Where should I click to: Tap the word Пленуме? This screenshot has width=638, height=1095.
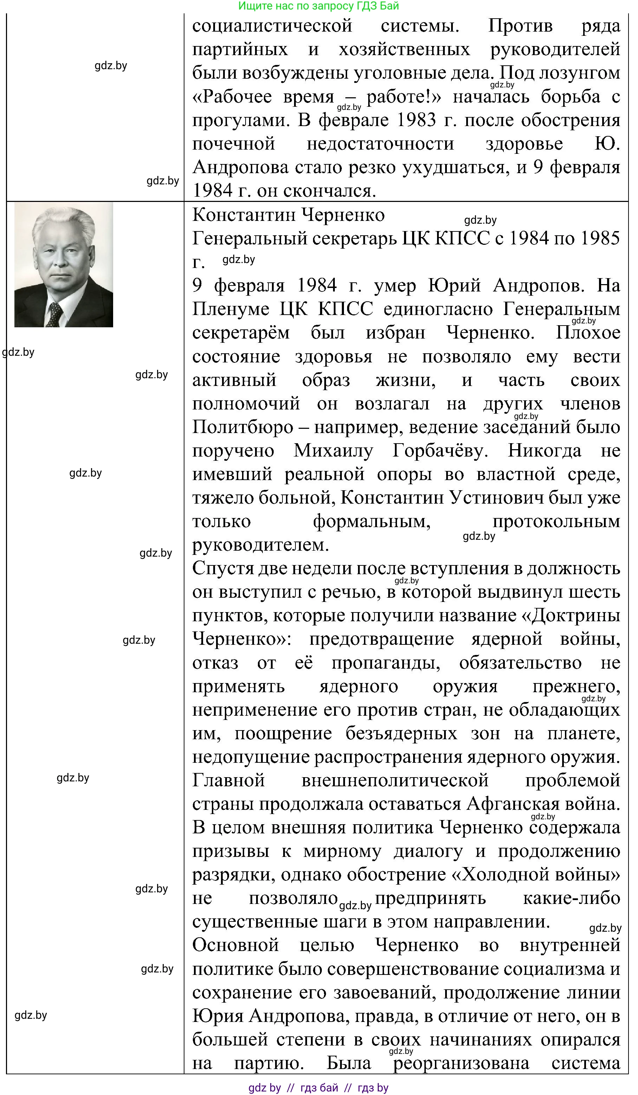tap(230, 309)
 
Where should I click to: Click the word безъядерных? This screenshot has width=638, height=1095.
tap(401, 734)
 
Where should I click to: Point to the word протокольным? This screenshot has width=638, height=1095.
tap(556, 522)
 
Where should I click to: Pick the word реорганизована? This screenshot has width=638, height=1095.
tap(461, 1063)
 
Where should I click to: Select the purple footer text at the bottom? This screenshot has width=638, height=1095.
tap(318, 1088)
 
